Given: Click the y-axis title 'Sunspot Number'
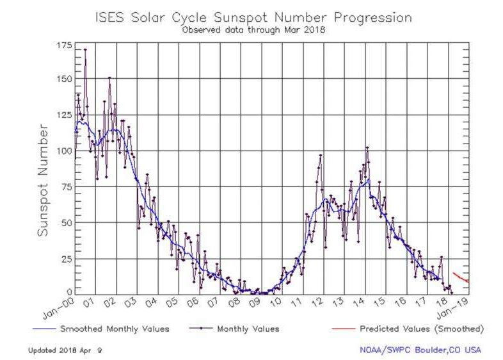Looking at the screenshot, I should click(x=43, y=181).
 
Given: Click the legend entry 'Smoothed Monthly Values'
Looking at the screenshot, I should click(x=114, y=329).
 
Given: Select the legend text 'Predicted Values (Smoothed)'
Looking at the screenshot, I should click(x=421, y=329).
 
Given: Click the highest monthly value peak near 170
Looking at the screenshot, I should click(x=85, y=49).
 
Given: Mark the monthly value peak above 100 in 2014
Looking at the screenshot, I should click(x=367, y=147).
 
